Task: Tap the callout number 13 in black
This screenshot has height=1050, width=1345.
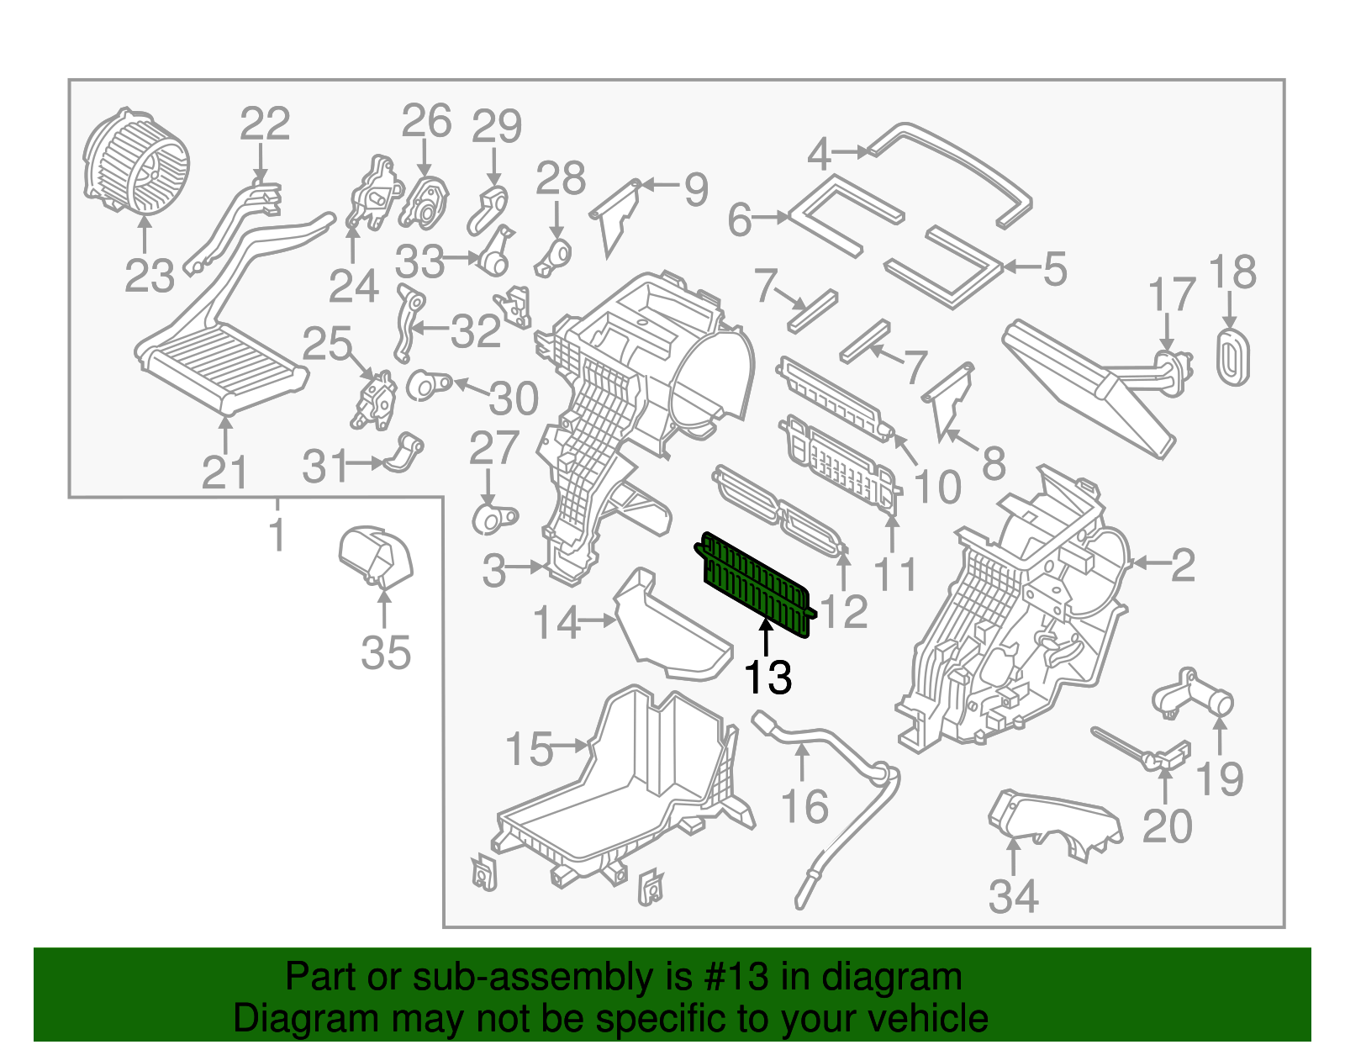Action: pyautogui.click(x=767, y=678)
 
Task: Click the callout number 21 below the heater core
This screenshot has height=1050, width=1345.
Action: pyautogui.click(x=224, y=473)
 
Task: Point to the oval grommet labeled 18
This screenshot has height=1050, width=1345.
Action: pyautogui.click(x=1232, y=357)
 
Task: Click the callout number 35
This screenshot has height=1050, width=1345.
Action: pyautogui.click(x=386, y=652)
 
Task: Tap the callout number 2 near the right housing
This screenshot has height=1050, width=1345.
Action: pyautogui.click(x=1182, y=565)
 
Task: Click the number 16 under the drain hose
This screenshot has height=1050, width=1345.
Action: pyautogui.click(x=804, y=807)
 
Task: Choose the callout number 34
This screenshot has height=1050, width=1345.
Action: pyautogui.click(x=1013, y=896)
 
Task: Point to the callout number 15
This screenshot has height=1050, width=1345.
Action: pyautogui.click(x=530, y=748)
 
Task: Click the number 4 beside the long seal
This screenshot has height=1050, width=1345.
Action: pyautogui.click(x=819, y=154)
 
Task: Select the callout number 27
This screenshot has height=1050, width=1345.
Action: pyautogui.click(x=493, y=448)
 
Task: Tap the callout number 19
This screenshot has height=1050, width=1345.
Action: pyautogui.click(x=1219, y=779)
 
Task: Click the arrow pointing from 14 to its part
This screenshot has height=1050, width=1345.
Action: pyautogui.click(x=599, y=620)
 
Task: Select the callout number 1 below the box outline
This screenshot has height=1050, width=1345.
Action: pyautogui.click(x=277, y=534)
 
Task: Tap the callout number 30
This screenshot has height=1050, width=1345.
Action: pyautogui.click(x=514, y=398)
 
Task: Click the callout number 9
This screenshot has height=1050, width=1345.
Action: pyautogui.click(x=695, y=189)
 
